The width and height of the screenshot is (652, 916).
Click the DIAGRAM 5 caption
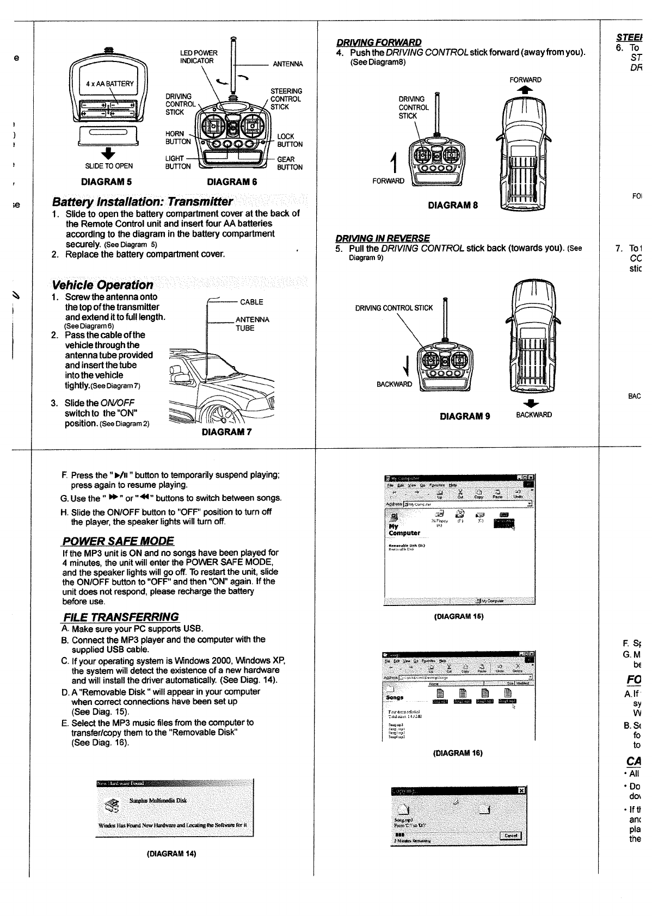pos(106,182)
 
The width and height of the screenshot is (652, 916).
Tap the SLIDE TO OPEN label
pos(109,166)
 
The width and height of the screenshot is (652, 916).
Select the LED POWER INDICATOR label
pos(198,57)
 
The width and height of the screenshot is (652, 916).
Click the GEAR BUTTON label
pos(290,163)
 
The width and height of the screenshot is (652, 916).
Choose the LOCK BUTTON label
pos(290,140)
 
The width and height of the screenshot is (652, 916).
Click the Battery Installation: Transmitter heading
pos(143,201)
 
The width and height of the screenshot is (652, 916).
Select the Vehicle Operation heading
pos(103,285)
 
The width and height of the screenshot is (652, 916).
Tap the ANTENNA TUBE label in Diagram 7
pos(252,324)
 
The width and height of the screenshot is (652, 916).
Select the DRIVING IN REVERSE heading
pos(383,238)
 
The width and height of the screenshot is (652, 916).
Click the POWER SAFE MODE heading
pos(118,541)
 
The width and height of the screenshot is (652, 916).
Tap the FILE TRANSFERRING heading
pos(121,617)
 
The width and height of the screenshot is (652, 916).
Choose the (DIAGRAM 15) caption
pos(458,616)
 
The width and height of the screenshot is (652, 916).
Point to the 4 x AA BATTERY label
pos(109,84)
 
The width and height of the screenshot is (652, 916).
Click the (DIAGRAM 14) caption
pos(171,869)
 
